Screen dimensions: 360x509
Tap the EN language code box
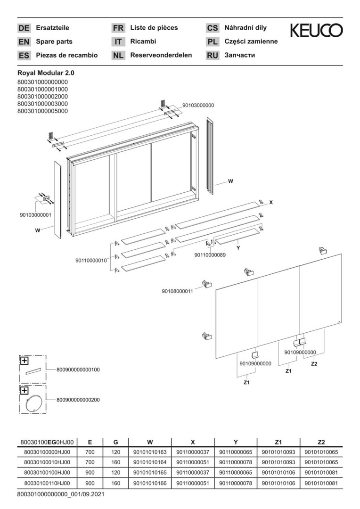pyautogui.click(x=24, y=42)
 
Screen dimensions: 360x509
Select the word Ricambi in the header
pyautogui.click(x=143, y=41)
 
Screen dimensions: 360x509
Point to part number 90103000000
pyautogui.click(x=198, y=106)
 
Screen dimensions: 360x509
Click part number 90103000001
pyautogui.click(x=35, y=215)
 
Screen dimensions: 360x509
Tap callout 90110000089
pyautogui.click(x=210, y=255)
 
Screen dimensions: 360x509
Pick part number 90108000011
pyautogui.click(x=177, y=291)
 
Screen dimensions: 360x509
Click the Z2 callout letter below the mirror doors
pyautogui.click(x=314, y=364)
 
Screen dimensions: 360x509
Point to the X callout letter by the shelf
pyautogui.click(x=271, y=202)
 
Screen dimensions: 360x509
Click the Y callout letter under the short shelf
pyautogui.click(x=238, y=248)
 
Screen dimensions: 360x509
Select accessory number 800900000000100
pyautogui.click(x=78, y=369)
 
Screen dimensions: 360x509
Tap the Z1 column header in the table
pyautogui.click(x=278, y=442)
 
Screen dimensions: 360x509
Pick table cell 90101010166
pyautogui.click(x=150, y=483)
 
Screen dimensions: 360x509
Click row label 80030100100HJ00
pyautogui.click(x=47, y=473)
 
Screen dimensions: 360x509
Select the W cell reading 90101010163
pyautogui.click(x=150, y=452)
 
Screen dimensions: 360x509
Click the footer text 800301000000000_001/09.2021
pyautogui.click(x=61, y=495)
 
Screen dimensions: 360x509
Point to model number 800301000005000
pyautogui.click(x=42, y=111)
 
